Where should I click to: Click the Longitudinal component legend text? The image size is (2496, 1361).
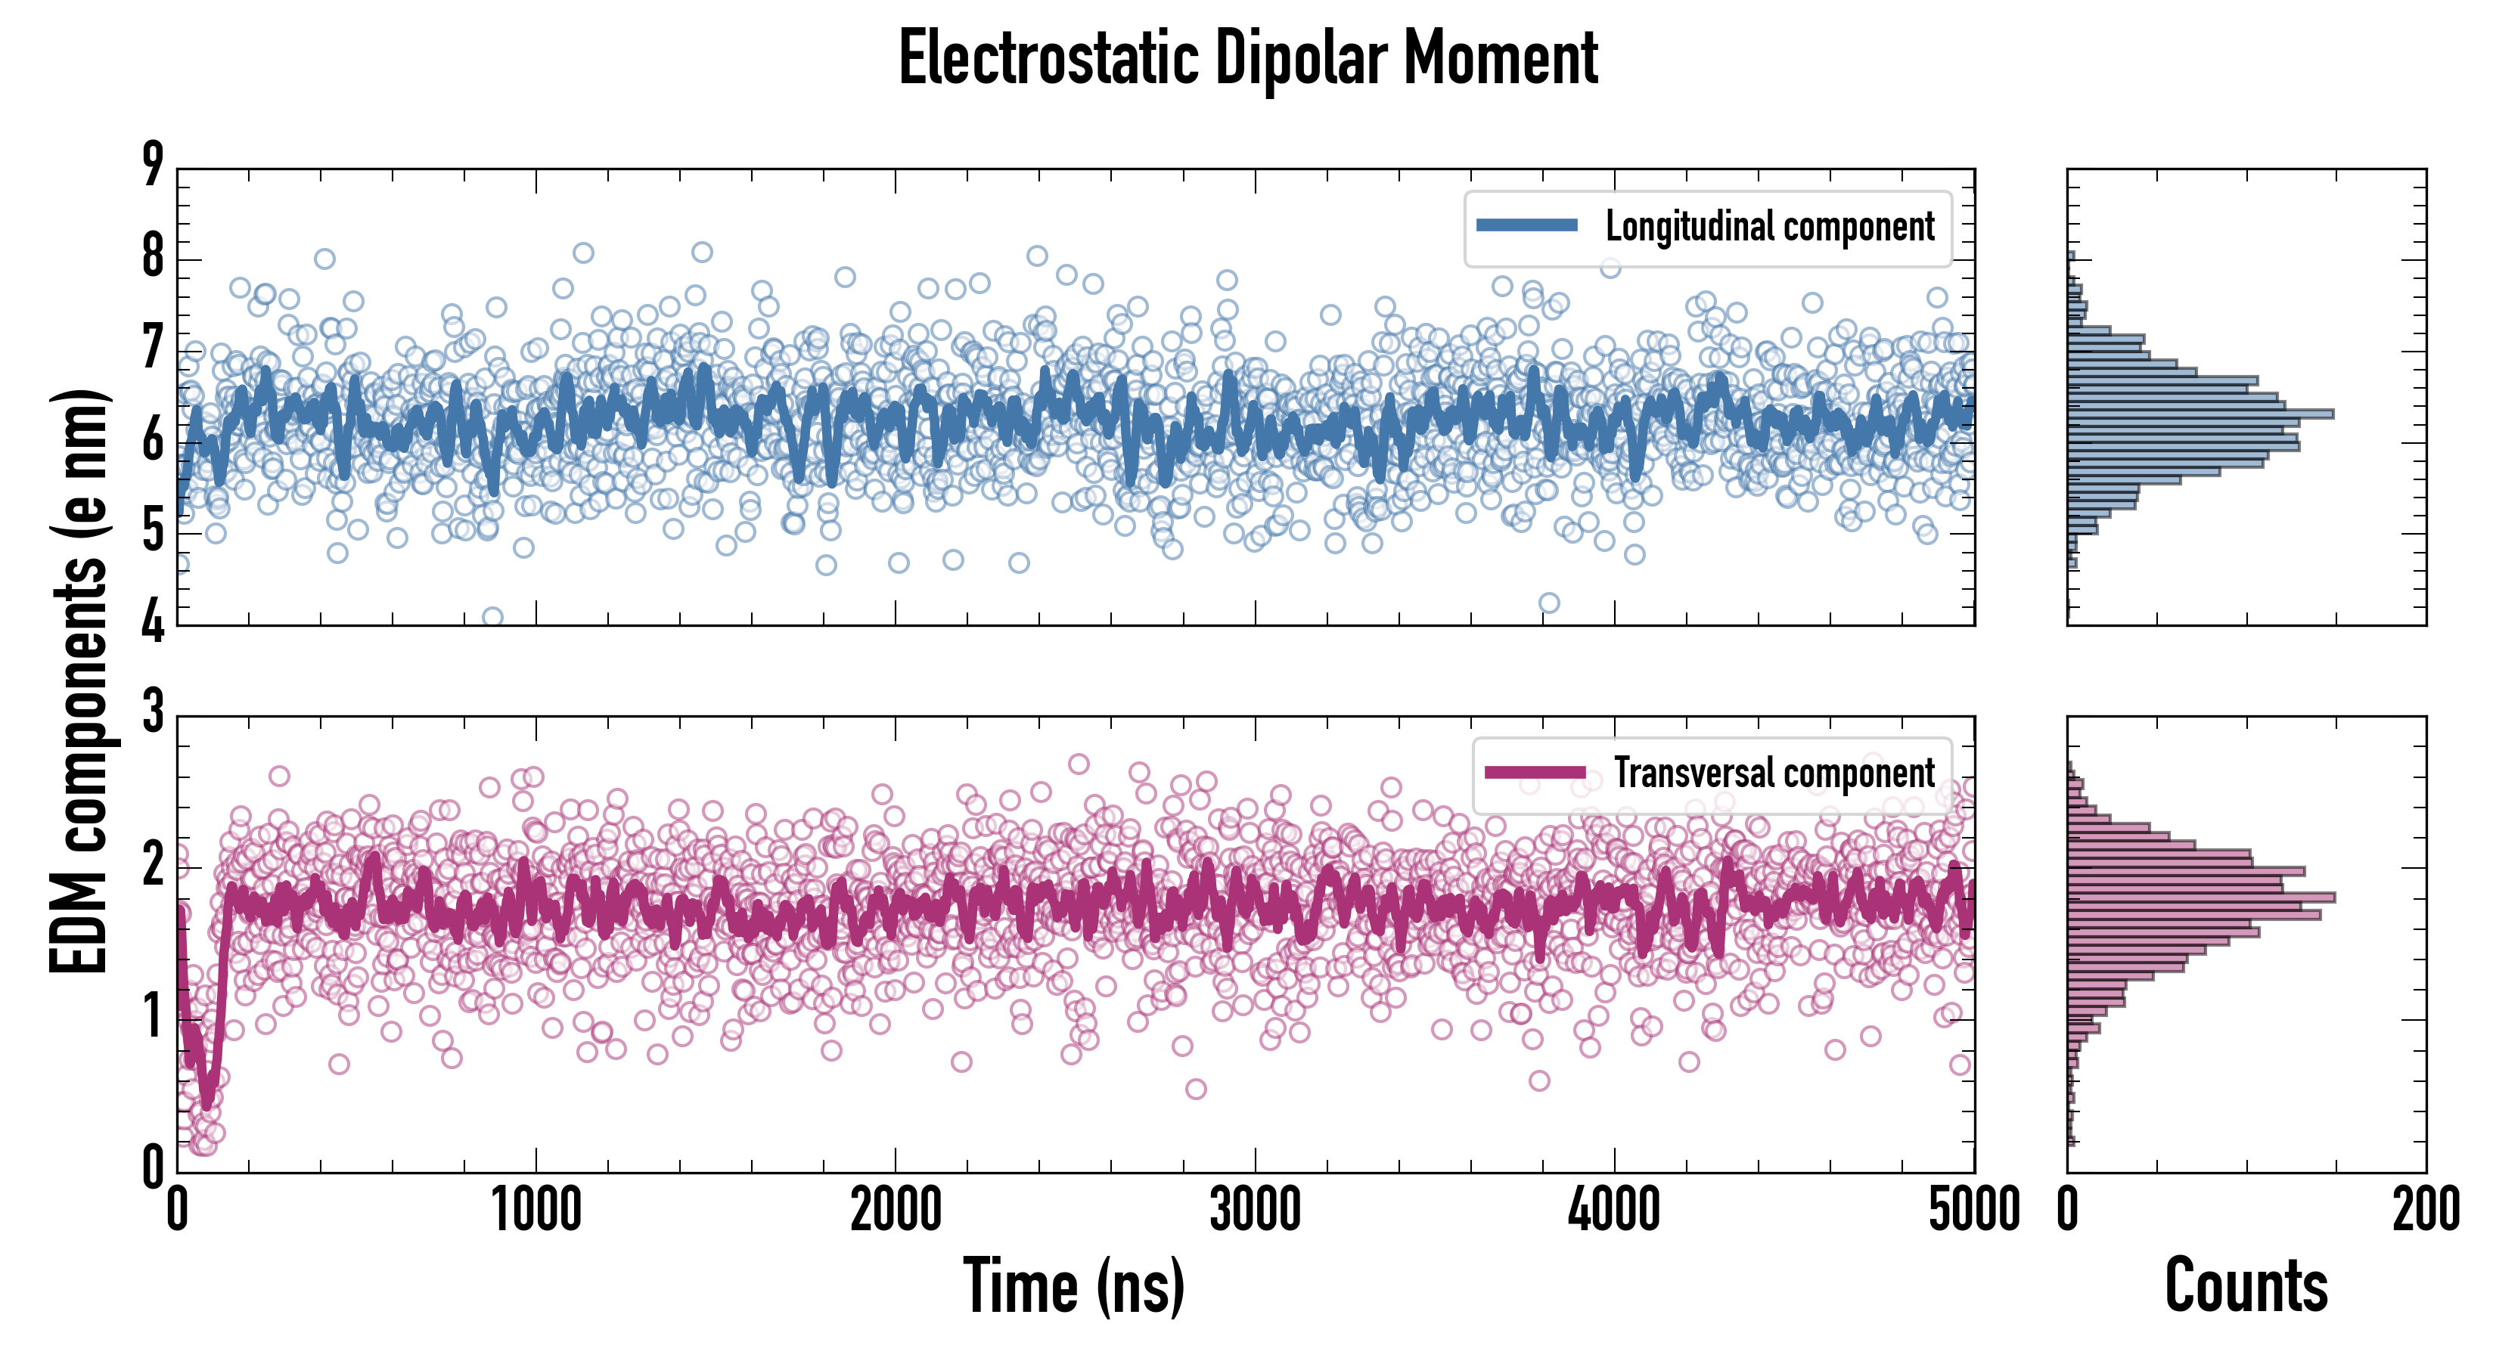1769,227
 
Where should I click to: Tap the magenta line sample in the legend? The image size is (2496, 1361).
1535,772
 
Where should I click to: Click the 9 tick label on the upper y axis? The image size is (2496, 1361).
153,165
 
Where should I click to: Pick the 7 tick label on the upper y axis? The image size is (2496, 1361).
153,348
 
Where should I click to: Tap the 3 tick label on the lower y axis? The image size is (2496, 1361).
153,712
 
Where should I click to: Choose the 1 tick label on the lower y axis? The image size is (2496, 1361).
153,1016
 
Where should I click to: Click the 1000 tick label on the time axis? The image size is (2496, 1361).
536,1210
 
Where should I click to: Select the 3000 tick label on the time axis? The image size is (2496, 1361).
1255,1210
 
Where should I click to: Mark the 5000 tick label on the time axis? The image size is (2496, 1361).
1974,1210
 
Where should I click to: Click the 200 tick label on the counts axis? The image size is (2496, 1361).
2425,1210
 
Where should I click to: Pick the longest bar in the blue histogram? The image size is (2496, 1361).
2200,414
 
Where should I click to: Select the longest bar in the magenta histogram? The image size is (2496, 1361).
2200,897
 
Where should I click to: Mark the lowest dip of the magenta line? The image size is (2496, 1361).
206,1104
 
